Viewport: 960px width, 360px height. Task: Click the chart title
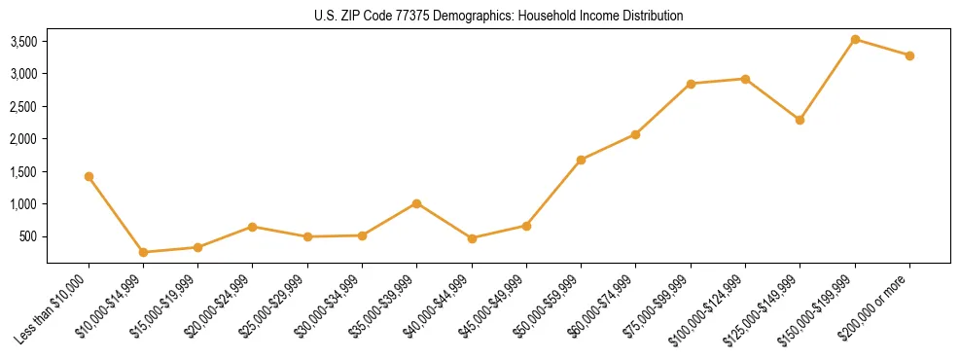(498, 16)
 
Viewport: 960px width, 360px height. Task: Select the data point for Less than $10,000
(89, 176)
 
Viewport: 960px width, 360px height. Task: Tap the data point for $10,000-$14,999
(143, 252)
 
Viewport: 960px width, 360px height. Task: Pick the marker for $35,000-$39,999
(416, 203)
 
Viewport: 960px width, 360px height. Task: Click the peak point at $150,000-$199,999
(855, 39)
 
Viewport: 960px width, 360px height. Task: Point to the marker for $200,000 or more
(909, 55)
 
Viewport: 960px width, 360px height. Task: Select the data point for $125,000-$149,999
(800, 120)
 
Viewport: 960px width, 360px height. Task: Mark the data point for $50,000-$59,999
(581, 160)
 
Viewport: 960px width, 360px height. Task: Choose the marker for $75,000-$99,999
(691, 84)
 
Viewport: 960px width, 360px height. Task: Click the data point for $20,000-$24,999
(253, 227)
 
